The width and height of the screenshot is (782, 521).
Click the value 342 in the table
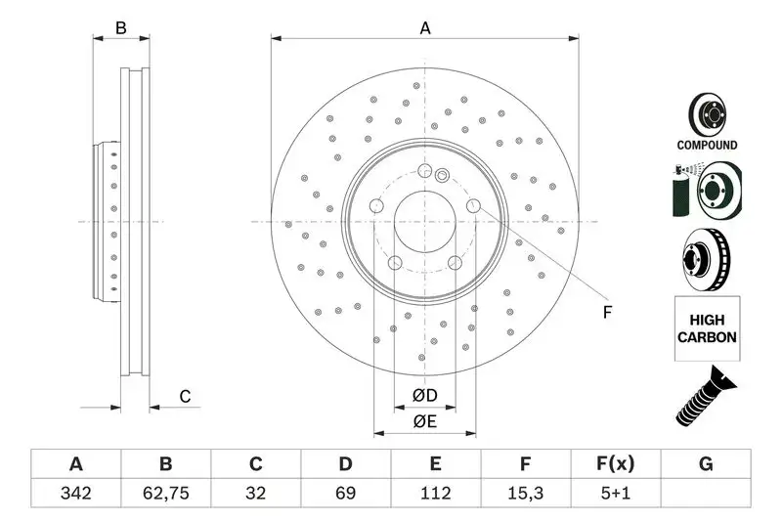[x=75, y=494]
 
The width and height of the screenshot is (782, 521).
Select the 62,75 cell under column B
[x=165, y=494]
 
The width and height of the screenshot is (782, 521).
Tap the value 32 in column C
[x=255, y=494]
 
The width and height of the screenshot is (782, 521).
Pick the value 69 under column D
[x=345, y=494]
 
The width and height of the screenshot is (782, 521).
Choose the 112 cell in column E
[x=436, y=494]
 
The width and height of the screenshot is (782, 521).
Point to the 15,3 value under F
[x=526, y=494]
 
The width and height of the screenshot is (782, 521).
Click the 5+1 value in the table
[x=616, y=494]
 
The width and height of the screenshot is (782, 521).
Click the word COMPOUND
[x=707, y=145]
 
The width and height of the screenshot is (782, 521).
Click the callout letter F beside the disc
[x=606, y=313]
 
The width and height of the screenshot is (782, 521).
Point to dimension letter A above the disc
[x=425, y=28]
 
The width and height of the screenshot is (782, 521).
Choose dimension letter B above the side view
[x=121, y=28]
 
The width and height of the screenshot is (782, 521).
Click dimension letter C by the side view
[x=184, y=396]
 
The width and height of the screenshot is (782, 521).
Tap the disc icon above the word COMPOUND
[x=706, y=115]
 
